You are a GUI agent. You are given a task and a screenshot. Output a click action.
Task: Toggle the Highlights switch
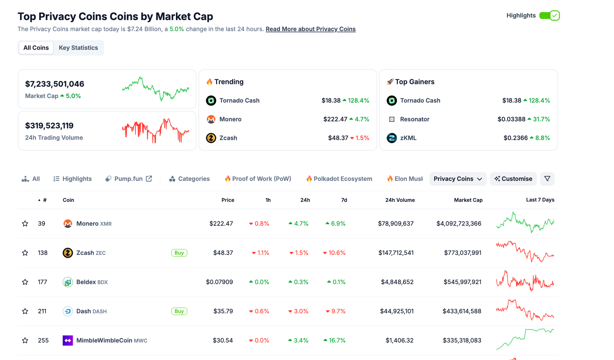[549, 16]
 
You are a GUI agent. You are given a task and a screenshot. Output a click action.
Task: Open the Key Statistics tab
[78, 48]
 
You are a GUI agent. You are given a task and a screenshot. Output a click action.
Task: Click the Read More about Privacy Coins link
[311, 29]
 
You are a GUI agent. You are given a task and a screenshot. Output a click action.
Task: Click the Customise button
[513, 179]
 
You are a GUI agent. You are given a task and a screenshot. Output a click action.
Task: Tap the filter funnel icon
[547, 179]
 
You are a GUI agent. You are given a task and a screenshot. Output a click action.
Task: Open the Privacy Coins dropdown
[458, 179]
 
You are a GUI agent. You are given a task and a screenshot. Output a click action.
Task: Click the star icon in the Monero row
[25, 224]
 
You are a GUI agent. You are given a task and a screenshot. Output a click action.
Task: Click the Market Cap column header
[468, 200]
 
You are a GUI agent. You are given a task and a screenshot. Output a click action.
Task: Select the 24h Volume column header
[400, 200]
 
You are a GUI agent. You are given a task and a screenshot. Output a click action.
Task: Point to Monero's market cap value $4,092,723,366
[459, 224]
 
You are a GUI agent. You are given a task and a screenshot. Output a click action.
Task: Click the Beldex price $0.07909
[219, 282]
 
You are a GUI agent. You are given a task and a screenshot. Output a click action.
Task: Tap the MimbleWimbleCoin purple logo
[68, 340]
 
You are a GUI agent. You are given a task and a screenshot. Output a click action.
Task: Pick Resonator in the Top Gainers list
[415, 119]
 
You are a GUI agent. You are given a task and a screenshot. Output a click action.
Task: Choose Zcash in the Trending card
[228, 138]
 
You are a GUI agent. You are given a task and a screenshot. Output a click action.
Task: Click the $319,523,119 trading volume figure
[49, 125]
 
